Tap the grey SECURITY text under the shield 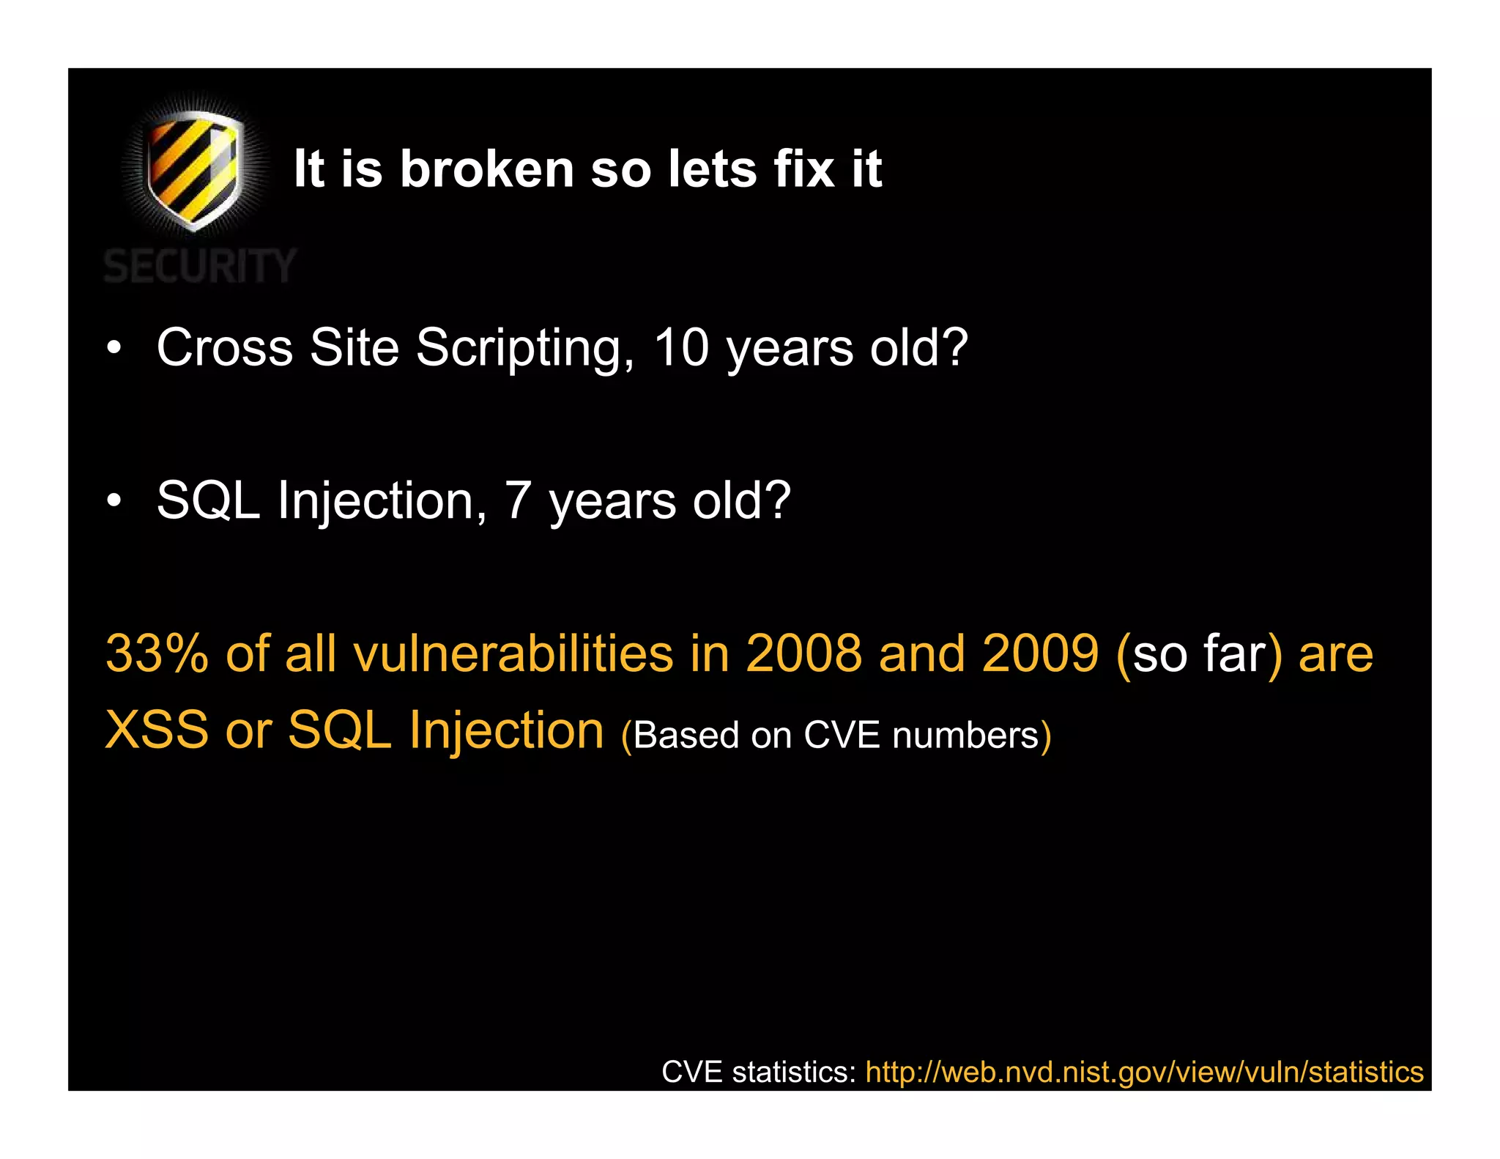coord(199,265)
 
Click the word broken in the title coord(486,169)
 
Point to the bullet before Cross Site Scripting coord(113,348)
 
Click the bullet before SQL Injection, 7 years coord(113,502)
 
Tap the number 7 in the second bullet coord(517,500)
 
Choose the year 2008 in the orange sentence coord(803,653)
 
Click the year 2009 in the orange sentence coord(1040,653)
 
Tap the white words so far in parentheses coord(1199,654)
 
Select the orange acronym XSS coord(157,730)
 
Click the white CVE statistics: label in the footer coord(759,1072)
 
